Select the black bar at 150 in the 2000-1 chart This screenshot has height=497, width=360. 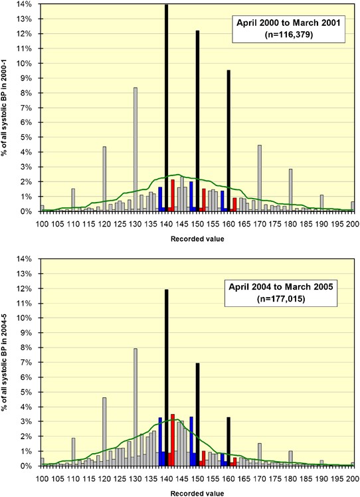[197, 113]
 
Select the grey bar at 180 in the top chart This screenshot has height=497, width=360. [290, 189]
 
